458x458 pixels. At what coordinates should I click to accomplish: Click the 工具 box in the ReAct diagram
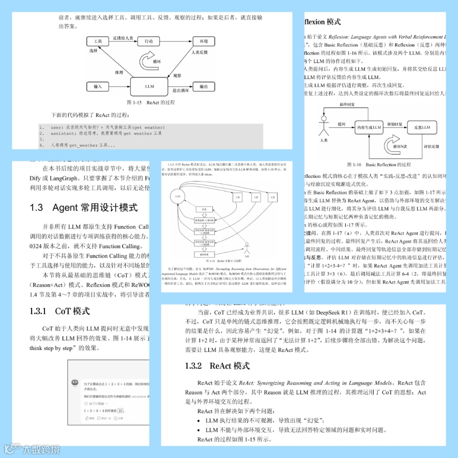pyautogui.click(x=94, y=41)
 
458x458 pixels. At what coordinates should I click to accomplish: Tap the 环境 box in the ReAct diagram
pyautogui.click(x=204, y=41)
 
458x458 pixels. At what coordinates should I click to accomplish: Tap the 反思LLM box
pyautogui.click(x=422, y=127)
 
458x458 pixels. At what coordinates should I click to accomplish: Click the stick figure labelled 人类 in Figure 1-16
pyautogui.click(x=324, y=127)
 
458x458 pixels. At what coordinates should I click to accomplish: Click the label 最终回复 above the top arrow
pyautogui.click(x=347, y=104)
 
